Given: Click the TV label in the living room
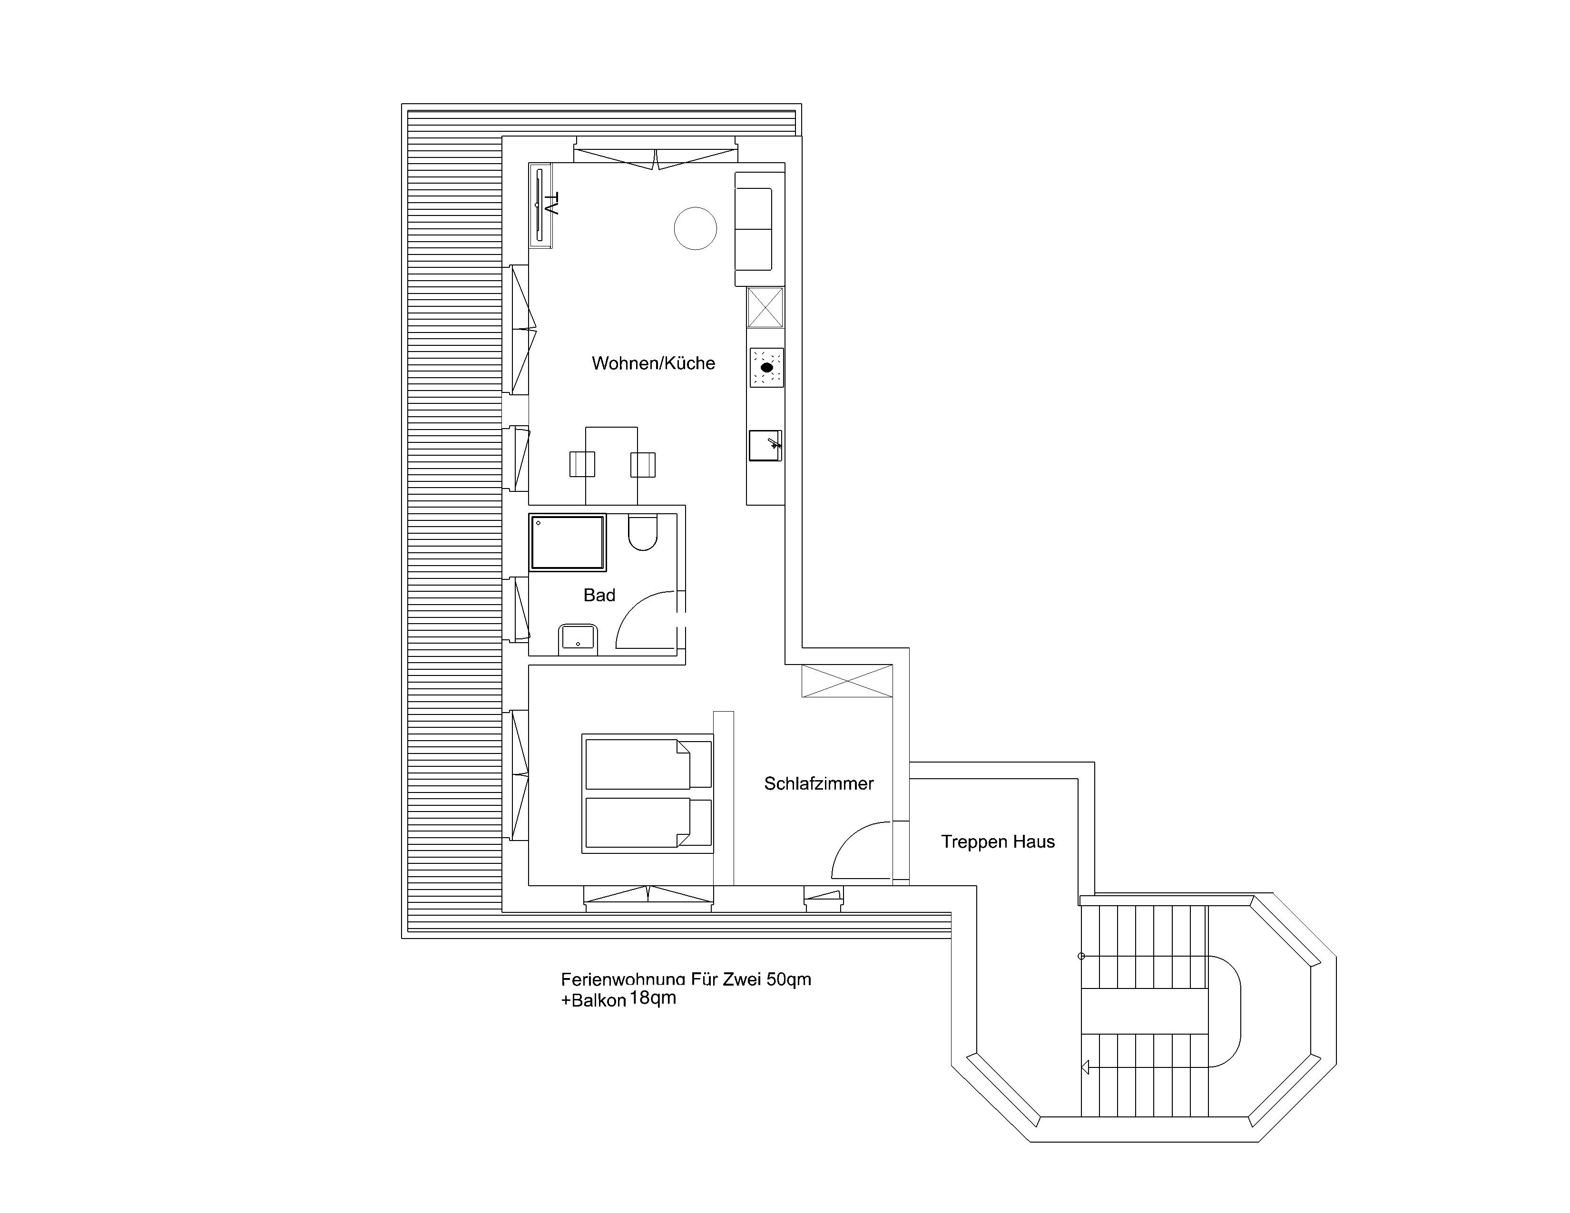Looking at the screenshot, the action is [x=551, y=204].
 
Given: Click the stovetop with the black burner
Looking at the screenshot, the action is [x=766, y=367].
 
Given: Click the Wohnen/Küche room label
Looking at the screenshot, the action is [x=653, y=363].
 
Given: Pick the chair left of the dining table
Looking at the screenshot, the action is [x=582, y=464].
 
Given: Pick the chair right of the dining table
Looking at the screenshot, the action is [x=643, y=464].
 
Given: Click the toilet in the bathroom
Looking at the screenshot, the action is [x=643, y=532].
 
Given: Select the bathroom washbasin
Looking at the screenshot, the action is [x=578, y=639].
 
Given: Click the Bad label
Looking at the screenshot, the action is [x=599, y=595].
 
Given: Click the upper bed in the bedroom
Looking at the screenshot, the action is [x=648, y=764].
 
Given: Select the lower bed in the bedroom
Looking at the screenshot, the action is [x=648, y=823].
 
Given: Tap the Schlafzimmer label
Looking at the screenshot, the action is [x=819, y=783].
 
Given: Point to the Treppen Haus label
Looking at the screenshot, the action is [x=998, y=841].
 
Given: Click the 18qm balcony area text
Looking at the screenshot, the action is [x=653, y=998].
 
